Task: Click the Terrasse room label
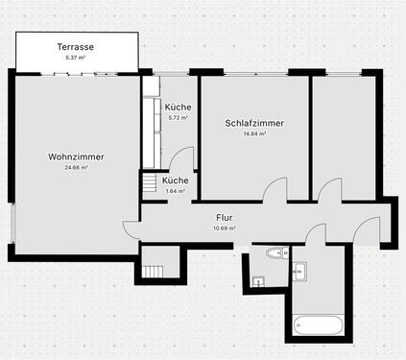click(x=75, y=46)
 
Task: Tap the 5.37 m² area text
click(x=75, y=58)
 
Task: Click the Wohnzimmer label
click(x=76, y=156)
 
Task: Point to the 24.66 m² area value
click(x=76, y=168)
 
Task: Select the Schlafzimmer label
click(x=254, y=123)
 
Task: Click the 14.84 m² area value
click(x=254, y=134)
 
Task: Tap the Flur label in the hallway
click(x=225, y=218)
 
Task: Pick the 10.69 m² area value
click(x=225, y=228)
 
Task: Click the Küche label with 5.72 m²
click(x=178, y=107)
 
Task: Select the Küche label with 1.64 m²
click(x=175, y=180)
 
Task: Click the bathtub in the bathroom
click(x=318, y=327)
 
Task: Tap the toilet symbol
click(x=275, y=253)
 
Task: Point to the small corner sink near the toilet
click(x=258, y=280)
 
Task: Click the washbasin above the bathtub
click(x=298, y=272)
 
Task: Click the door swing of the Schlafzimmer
click(x=275, y=189)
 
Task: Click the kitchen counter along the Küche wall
click(x=151, y=130)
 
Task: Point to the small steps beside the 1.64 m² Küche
click(x=150, y=182)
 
